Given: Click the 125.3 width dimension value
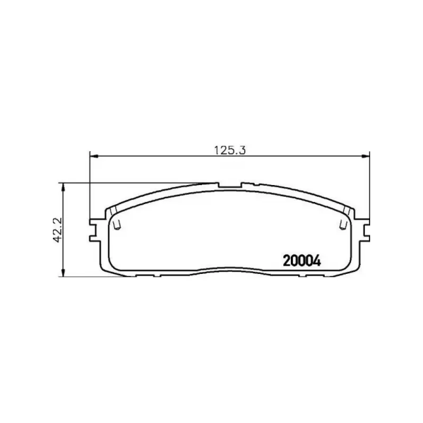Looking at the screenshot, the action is (230, 150).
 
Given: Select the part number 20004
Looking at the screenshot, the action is (302, 261).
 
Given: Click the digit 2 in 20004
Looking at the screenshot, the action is (287, 261).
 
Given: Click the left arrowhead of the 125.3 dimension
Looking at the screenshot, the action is (94, 156).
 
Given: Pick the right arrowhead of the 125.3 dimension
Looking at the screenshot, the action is (365, 156).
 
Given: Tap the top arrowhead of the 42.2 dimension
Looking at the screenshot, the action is (63, 187).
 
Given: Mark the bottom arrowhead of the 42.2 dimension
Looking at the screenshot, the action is (63, 272).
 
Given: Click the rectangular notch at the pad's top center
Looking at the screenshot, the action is (230, 185).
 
